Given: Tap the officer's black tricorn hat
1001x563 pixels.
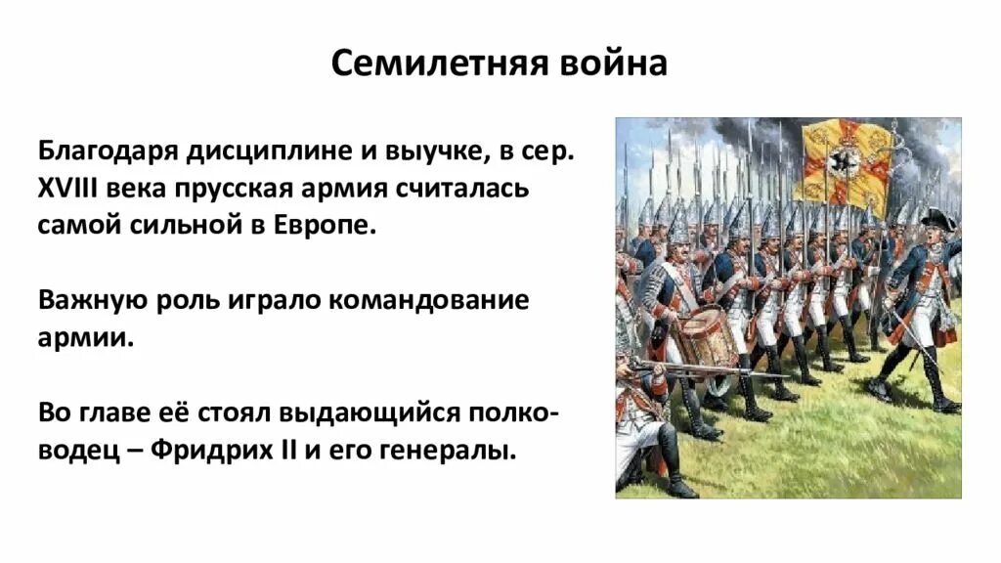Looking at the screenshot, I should pos(935,220).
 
